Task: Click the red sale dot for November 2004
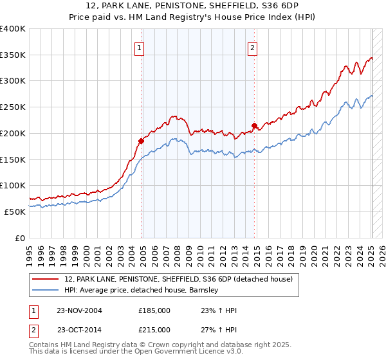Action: [142, 140]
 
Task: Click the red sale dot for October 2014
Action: [255, 125]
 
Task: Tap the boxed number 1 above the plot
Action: [140, 47]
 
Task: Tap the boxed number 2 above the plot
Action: [253, 47]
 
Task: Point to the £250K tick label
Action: [13, 107]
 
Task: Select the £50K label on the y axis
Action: [15, 212]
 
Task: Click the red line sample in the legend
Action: [46, 279]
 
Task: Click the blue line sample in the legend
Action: [46, 290]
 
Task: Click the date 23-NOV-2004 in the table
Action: [79, 310]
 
